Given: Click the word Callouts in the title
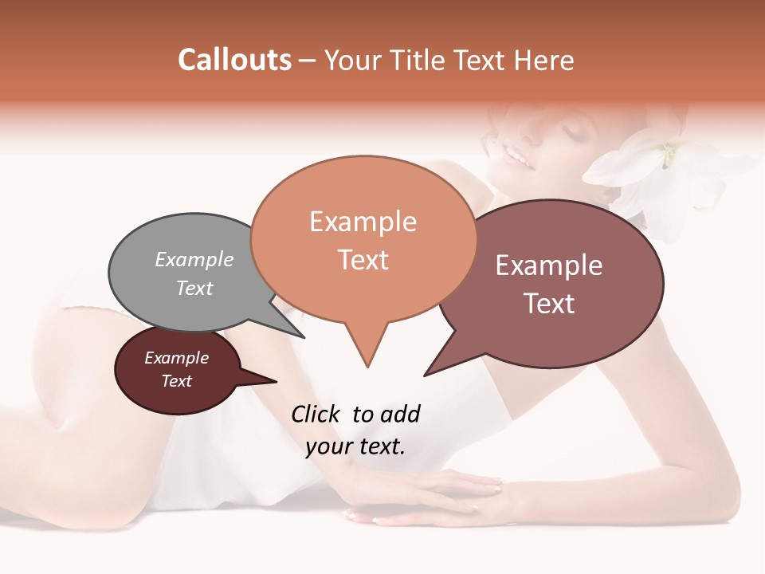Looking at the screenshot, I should pyautogui.click(x=234, y=60).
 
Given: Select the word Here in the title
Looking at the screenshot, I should pyautogui.click(x=544, y=60).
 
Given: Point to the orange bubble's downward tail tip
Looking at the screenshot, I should pyautogui.click(x=367, y=366).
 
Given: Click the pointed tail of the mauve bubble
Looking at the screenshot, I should pyautogui.click(x=426, y=373).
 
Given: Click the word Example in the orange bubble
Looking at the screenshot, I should pyautogui.click(x=363, y=222).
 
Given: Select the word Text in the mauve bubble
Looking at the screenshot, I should pyautogui.click(x=549, y=304).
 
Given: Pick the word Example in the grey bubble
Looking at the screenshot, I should pyautogui.click(x=194, y=260).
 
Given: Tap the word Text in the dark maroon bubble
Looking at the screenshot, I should pyautogui.click(x=177, y=381).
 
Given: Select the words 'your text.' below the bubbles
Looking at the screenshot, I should pyautogui.click(x=355, y=446).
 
